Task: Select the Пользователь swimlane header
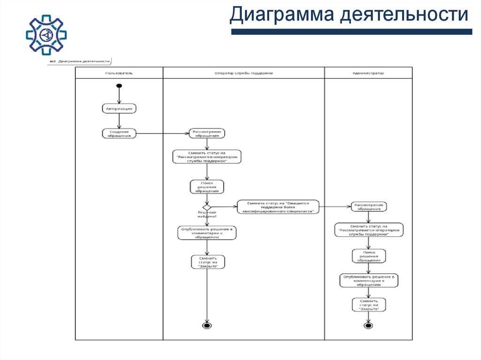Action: (119, 73)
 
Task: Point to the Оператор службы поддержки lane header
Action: (243, 73)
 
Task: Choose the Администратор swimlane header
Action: (368, 73)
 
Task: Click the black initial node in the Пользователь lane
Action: (119, 86)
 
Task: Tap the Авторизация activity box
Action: (119, 108)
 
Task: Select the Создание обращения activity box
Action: (119, 133)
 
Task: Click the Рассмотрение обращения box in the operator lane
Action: (207, 133)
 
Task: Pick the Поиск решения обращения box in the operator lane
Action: (207, 186)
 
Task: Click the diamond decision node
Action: (207, 207)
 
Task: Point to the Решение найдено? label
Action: (207, 214)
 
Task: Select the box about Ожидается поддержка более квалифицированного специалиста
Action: (278, 207)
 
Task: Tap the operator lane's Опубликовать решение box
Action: (207, 233)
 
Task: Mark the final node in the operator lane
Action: (207, 325)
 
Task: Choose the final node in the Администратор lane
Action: (368, 325)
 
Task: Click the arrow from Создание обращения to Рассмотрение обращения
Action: (162, 134)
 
